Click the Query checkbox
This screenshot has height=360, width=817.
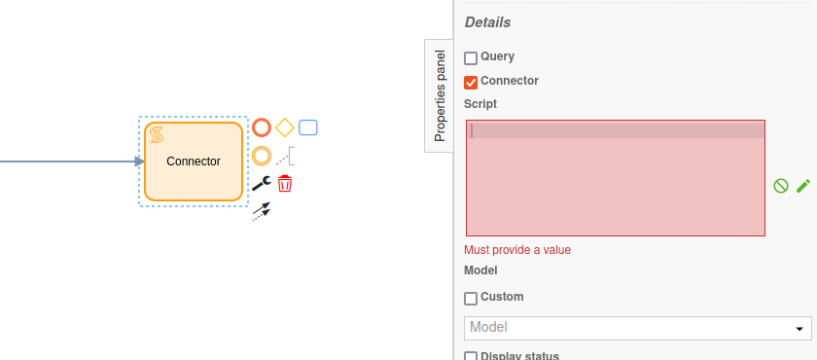(x=471, y=58)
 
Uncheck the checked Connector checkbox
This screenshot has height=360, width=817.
(x=471, y=82)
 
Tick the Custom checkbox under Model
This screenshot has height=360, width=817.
(x=471, y=298)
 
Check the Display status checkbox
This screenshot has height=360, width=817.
(x=471, y=356)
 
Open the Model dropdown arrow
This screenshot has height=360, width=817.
(x=800, y=329)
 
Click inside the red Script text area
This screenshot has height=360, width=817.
(x=615, y=185)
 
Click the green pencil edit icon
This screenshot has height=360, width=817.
(x=802, y=185)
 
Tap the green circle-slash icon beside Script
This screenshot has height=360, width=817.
(x=780, y=185)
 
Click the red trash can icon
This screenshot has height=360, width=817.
(x=285, y=183)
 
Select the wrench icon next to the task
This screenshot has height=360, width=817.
(x=261, y=183)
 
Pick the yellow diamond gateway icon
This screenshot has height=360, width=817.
(x=285, y=127)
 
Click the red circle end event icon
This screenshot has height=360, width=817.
(x=262, y=127)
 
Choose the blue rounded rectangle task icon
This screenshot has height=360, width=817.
(x=308, y=127)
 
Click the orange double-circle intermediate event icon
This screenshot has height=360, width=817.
(x=262, y=155)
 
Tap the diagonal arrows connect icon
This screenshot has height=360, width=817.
(x=261, y=210)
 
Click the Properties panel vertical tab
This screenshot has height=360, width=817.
(x=440, y=95)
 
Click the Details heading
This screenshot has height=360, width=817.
(x=487, y=22)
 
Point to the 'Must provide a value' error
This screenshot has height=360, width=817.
(x=517, y=250)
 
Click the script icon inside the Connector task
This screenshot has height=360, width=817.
(x=156, y=134)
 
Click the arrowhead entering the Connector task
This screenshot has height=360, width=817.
(x=139, y=162)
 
